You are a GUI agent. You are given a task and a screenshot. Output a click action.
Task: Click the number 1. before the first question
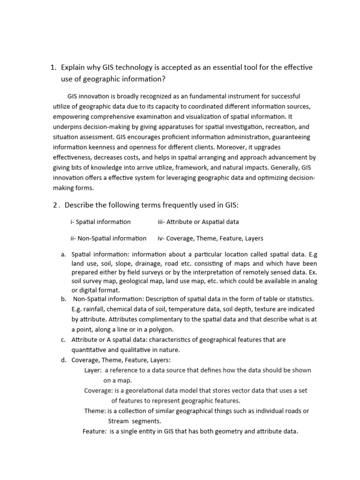tap(53, 67)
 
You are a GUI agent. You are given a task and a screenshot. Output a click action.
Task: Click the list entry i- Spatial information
tap(100, 222)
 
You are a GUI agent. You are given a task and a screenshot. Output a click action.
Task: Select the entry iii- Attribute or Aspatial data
tap(198, 222)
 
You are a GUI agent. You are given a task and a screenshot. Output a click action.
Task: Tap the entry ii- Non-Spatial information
tap(108, 238)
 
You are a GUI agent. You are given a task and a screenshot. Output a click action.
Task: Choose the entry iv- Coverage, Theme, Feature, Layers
tap(210, 238)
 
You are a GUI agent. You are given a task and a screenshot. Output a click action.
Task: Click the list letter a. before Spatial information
tap(63, 254)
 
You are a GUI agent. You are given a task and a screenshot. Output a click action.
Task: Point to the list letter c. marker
tap(63, 339)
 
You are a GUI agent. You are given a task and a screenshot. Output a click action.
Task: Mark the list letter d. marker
tap(63, 360)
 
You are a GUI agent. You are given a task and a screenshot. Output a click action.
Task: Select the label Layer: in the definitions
tap(93, 370)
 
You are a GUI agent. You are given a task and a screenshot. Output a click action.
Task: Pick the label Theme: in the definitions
tap(95, 411)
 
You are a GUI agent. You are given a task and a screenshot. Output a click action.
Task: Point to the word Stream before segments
tap(118, 421)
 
